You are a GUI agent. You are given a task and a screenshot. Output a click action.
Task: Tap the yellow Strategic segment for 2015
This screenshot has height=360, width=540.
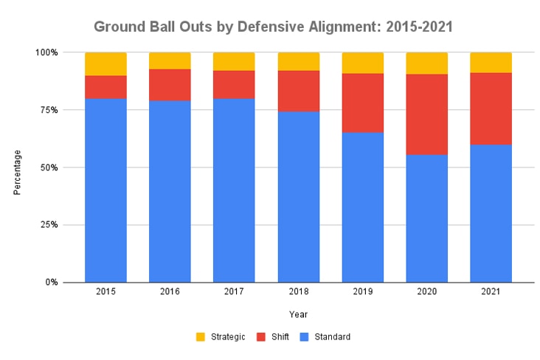[x=105, y=64]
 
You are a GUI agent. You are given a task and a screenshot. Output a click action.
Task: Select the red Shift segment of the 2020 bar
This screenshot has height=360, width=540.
[x=426, y=114]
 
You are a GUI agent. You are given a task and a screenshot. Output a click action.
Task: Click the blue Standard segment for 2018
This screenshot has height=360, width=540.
[x=298, y=196]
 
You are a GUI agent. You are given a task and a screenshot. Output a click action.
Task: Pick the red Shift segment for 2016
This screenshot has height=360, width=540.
[x=170, y=85]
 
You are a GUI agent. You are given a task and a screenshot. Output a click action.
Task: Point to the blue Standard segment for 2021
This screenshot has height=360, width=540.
[x=491, y=213]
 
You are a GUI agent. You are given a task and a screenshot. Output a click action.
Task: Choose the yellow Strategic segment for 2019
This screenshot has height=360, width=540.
[x=362, y=63]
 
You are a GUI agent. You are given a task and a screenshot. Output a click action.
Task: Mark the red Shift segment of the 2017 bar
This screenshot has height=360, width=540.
[x=234, y=85]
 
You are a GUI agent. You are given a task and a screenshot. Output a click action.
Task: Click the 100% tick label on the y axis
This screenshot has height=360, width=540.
[x=47, y=53]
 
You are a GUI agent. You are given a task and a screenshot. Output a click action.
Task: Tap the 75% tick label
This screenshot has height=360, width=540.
[x=49, y=110]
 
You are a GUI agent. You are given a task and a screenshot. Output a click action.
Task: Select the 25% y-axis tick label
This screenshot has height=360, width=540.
[x=49, y=225]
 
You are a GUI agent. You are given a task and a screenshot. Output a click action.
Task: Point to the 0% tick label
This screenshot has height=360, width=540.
[x=52, y=282]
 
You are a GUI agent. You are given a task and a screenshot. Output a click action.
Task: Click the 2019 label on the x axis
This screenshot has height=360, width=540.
[x=362, y=292]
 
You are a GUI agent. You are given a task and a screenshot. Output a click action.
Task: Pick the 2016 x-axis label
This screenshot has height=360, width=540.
[x=170, y=292]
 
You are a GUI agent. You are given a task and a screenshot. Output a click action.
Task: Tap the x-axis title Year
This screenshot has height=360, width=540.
[x=298, y=314]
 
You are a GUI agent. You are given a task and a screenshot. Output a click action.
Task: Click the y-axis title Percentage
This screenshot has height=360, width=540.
[x=17, y=172]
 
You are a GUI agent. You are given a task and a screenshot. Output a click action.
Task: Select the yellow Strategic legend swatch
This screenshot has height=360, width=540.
[x=201, y=337]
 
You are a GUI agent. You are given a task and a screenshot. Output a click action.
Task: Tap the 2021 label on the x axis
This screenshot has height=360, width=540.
[x=491, y=292]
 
